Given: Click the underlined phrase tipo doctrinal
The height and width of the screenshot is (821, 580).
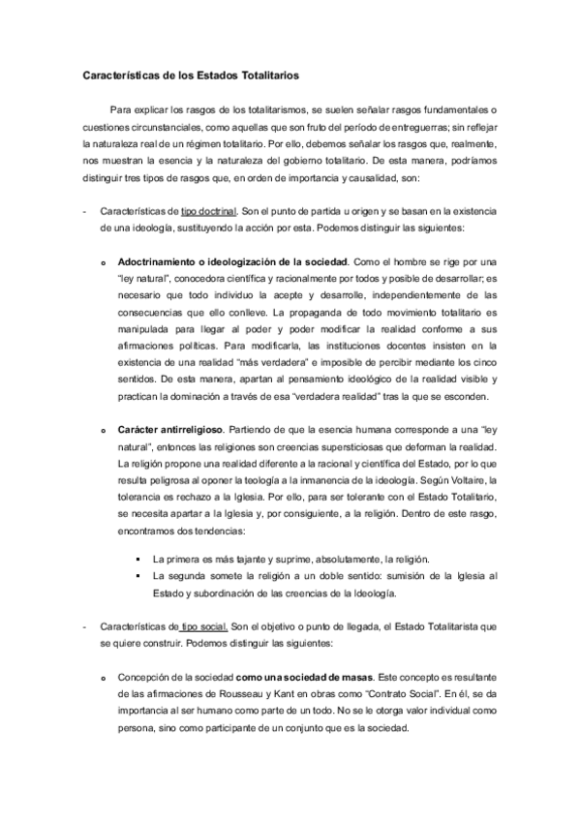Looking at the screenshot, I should click(x=209, y=211).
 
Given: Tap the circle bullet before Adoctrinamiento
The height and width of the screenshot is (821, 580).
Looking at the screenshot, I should click(x=105, y=262).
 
